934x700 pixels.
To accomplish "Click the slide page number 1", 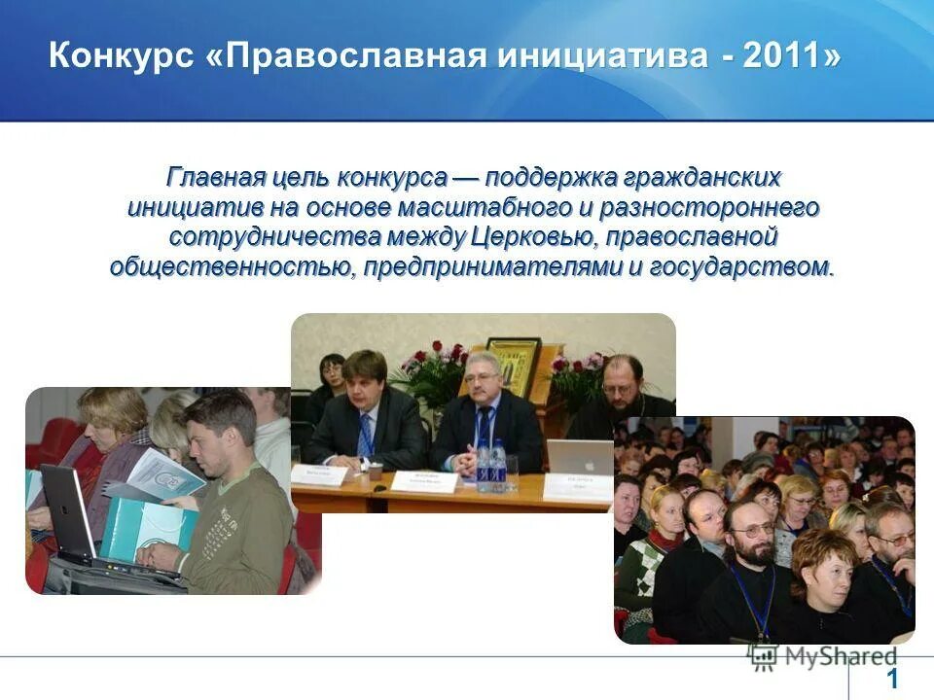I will coord(892,679).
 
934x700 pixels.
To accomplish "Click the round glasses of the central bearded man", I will coord(752,533).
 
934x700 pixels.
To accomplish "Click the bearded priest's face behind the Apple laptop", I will coord(622,382).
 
